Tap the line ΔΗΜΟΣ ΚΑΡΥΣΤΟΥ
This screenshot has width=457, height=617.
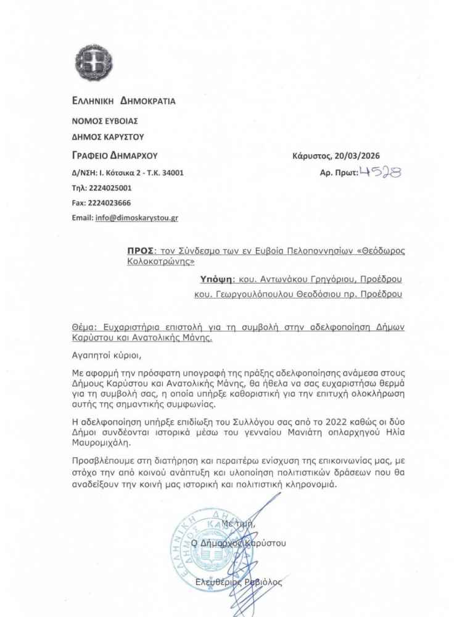(x=107, y=137)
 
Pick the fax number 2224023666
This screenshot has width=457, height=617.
(x=110, y=203)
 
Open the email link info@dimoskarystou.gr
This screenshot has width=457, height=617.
(x=136, y=218)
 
